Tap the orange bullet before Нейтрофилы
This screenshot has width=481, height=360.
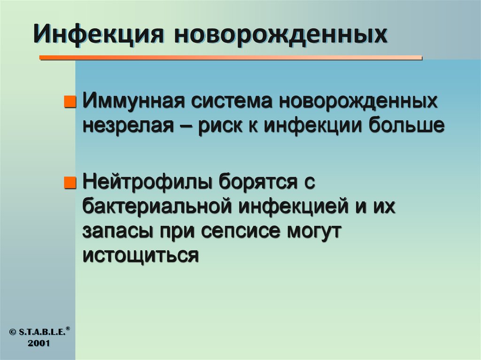[69, 182]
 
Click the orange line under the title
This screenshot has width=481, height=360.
[230, 58]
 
